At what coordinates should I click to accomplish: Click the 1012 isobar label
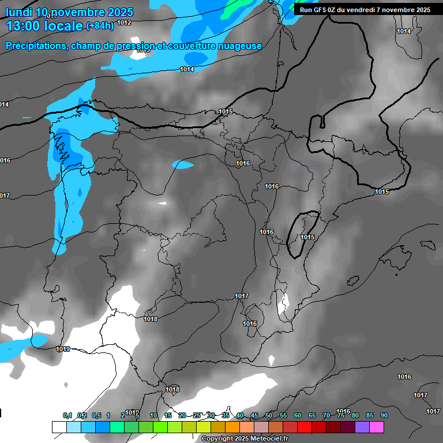point(123,22)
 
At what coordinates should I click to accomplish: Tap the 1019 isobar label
point(63,349)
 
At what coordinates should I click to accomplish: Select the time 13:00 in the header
point(24,26)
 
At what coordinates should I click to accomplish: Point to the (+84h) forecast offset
point(100,26)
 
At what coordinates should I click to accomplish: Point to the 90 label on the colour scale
point(384,415)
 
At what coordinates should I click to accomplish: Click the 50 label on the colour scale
point(269,415)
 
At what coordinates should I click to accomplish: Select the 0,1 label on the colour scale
point(67,415)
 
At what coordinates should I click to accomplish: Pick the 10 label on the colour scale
point(153,415)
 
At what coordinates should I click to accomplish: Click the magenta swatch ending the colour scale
point(377,427)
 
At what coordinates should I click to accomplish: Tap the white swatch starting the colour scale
point(59,427)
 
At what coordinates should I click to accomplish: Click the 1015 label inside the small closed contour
point(307,237)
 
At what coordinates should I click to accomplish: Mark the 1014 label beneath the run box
point(404,31)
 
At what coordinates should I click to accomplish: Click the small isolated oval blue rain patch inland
point(183,165)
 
